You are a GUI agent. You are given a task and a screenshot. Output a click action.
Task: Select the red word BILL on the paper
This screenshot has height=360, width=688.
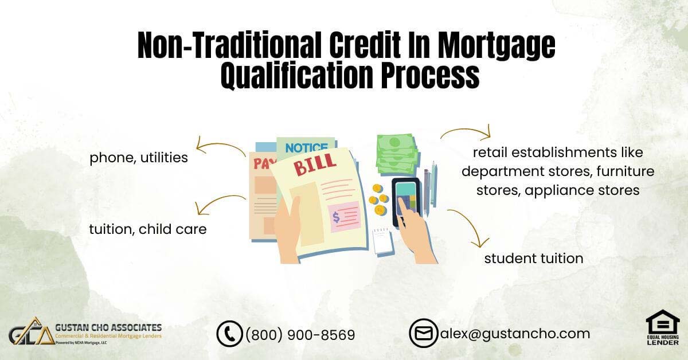pyautogui.click(x=314, y=165)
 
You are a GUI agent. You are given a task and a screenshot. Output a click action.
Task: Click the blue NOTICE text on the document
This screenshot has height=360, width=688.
pyautogui.click(x=306, y=148)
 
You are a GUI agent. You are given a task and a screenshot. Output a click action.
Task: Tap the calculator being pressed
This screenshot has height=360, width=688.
pyautogui.click(x=406, y=202)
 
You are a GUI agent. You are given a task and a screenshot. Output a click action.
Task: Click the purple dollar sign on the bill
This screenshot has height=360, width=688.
pyautogui.click(x=337, y=217)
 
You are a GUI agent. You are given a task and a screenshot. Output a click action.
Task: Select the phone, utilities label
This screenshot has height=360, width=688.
pyautogui.click(x=139, y=158)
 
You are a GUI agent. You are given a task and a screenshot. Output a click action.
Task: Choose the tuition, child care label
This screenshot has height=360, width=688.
pyautogui.click(x=148, y=229)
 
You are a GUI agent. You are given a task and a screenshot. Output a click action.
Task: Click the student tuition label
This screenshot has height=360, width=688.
pyautogui.click(x=534, y=259)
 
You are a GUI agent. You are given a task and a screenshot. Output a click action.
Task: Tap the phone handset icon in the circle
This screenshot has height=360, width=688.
pyautogui.click(x=229, y=334)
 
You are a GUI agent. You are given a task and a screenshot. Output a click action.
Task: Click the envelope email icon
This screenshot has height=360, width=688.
pyautogui.click(x=424, y=333)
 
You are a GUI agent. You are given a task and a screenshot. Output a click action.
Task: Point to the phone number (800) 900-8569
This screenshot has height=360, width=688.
pyautogui.click(x=300, y=335)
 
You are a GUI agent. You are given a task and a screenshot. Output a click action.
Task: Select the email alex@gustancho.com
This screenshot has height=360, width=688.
pyautogui.click(x=515, y=334)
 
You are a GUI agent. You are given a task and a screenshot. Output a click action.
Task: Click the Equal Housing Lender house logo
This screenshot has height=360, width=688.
pyautogui.click(x=663, y=327)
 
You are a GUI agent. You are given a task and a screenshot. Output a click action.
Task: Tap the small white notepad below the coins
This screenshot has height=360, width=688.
pyautogui.click(x=383, y=241)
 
